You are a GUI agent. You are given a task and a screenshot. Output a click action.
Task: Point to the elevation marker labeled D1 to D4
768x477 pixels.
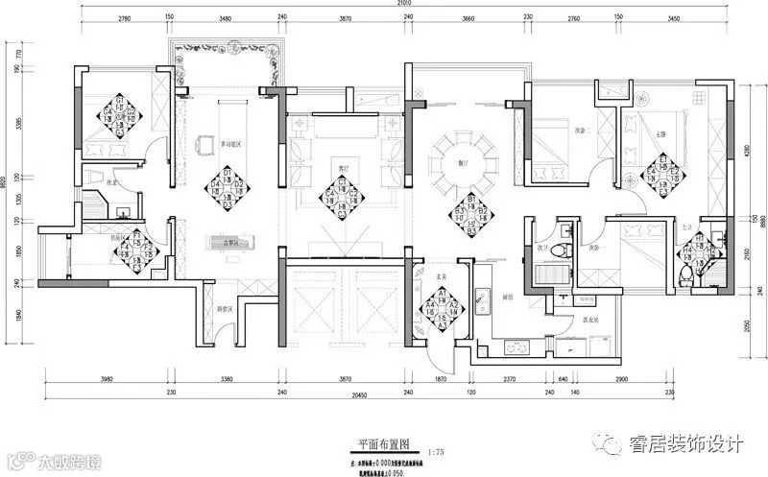(228, 188)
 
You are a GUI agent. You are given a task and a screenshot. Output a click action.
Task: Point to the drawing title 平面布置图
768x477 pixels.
(384, 445)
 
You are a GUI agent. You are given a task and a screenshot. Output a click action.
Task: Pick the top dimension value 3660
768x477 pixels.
(468, 18)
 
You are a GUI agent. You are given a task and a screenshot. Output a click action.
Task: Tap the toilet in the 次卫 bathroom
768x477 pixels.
(566, 248)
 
